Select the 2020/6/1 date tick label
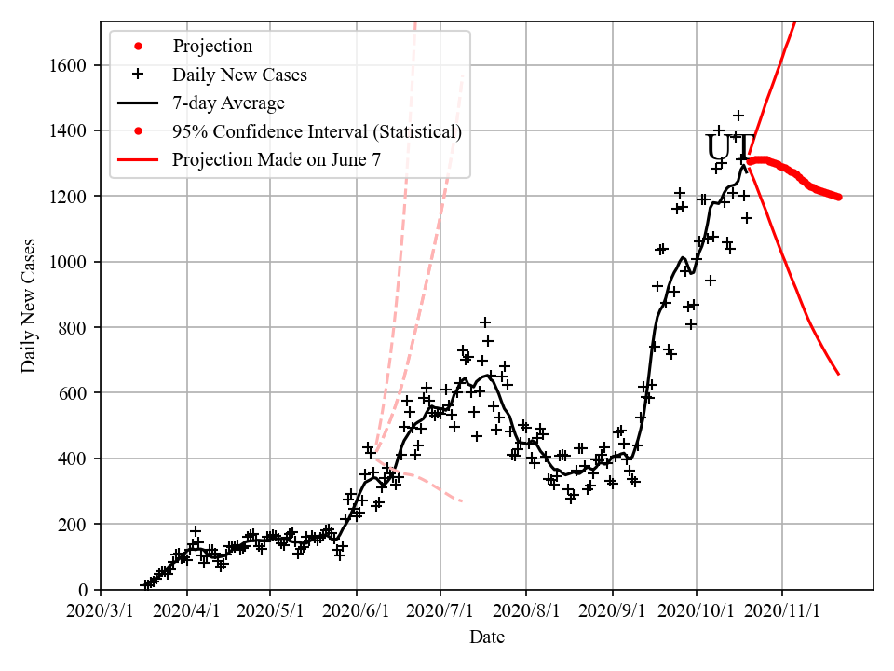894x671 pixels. [x=357, y=612]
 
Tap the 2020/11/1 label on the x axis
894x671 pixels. [x=782, y=612]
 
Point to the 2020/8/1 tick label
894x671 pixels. [x=526, y=612]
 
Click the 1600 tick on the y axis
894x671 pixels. [x=71, y=65]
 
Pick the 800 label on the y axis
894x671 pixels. [x=75, y=328]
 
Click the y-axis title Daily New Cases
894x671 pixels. [x=29, y=305]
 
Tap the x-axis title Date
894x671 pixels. [x=487, y=637]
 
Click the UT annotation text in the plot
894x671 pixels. [x=725, y=149]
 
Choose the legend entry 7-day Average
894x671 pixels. [x=228, y=103]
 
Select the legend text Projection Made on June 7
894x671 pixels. [x=277, y=159]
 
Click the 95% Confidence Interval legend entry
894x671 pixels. [x=317, y=131]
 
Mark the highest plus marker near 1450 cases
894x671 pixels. [x=738, y=116]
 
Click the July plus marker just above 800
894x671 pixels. [x=485, y=322]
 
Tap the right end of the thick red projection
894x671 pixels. [x=839, y=197]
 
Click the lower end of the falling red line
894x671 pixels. [x=839, y=375]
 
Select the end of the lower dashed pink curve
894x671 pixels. [x=462, y=501]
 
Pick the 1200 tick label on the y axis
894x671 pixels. [x=71, y=197]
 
